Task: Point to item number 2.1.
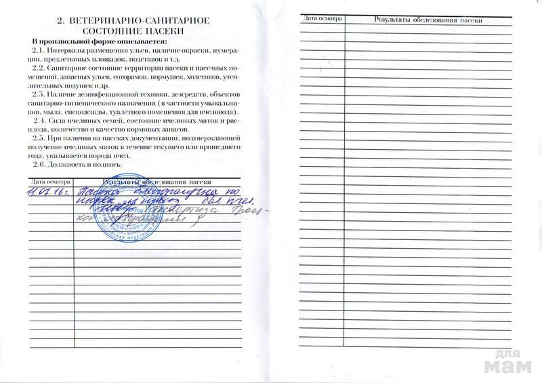coord(39,52)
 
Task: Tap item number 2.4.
coord(39,120)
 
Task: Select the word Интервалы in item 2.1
coord(66,52)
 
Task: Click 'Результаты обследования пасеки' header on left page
coord(157,181)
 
